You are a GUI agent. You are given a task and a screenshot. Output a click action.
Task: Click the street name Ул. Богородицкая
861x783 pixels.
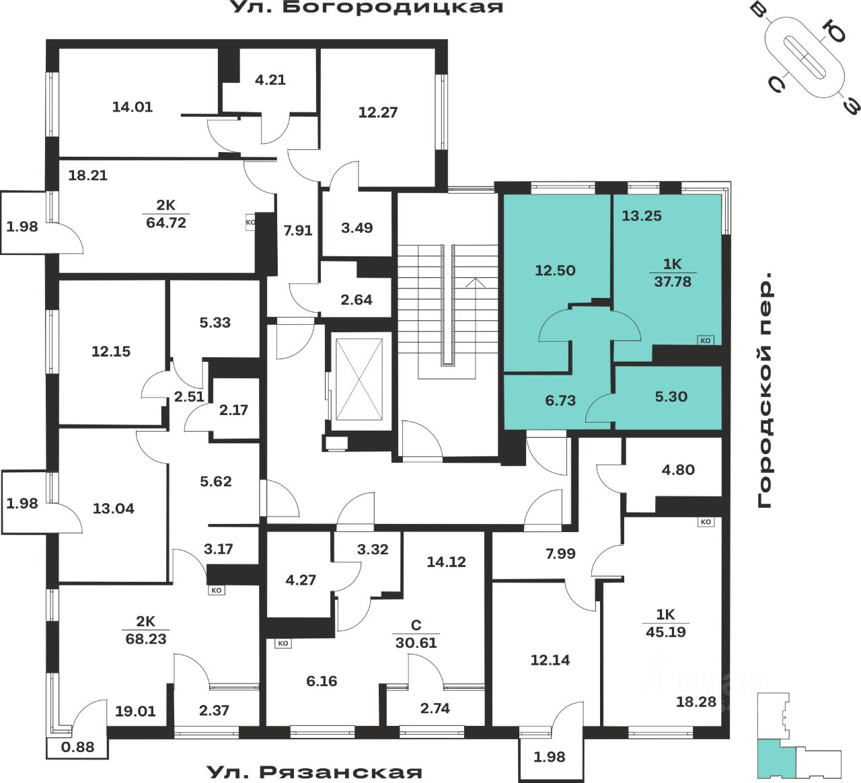pos(367,8)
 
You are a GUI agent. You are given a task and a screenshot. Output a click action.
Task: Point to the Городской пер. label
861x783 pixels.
pos(765,390)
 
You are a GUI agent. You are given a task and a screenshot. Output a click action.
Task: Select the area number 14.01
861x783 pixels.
pos(132,106)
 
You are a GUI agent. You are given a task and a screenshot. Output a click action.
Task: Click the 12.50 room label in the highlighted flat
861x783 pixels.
pos(555,270)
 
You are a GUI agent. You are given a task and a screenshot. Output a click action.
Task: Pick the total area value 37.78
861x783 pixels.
pos(673,282)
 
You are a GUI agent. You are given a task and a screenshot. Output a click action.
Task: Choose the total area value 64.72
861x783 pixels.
pos(166,223)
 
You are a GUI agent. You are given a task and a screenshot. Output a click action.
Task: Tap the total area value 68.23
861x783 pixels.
pos(146,639)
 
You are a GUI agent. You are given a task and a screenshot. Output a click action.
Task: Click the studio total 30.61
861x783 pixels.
pos(416,643)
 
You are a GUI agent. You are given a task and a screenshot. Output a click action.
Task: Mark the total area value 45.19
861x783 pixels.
pos(666,632)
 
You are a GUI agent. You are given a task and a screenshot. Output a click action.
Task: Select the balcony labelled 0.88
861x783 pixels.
pos(77,747)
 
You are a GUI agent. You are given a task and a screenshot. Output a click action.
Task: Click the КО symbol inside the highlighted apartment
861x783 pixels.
pos(705,340)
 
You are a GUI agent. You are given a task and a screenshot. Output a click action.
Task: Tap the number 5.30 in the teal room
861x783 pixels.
pos(671,397)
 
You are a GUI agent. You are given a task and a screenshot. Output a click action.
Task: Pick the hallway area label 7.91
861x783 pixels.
pos(297,231)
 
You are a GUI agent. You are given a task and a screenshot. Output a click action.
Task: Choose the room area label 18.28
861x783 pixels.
pos(696,702)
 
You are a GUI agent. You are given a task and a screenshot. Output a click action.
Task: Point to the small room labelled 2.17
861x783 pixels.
pos(233,410)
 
